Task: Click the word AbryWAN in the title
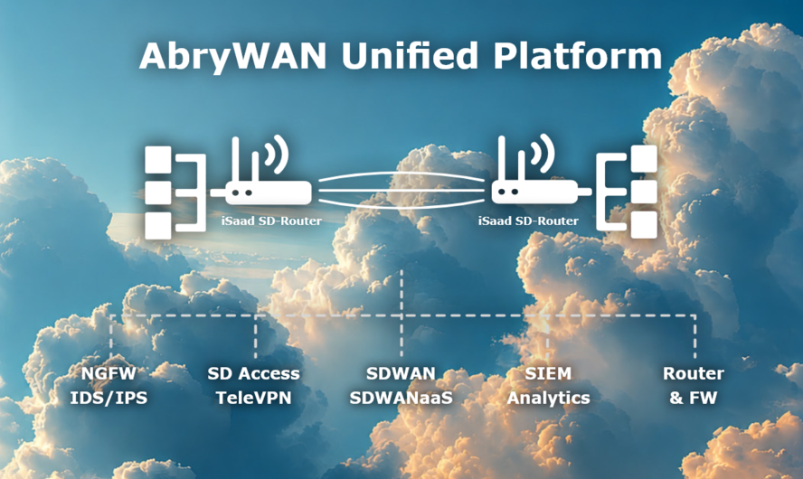(232, 57)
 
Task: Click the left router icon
(261, 170)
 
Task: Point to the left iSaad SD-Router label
(271, 221)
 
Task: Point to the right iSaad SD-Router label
(528, 221)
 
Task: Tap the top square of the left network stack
(157, 160)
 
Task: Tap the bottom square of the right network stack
(644, 225)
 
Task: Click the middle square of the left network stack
(157, 193)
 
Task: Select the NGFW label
(109, 373)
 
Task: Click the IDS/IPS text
(109, 398)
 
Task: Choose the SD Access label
(253, 373)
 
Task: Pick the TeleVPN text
(253, 398)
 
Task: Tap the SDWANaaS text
(401, 398)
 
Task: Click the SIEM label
(548, 373)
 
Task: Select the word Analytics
(549, 399)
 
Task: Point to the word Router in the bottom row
(694, 373)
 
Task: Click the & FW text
(694, 398)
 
